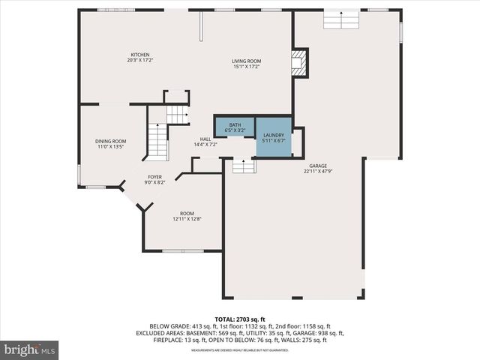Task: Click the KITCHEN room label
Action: click(x=140, y=55)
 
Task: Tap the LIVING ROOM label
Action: click(x=246, y=61)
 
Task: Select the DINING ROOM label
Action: click(x=110, y=141)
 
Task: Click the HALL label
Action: click(x=205, y=139)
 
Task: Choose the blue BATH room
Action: click(x=235, y=126)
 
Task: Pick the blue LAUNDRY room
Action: click(x=273, y=136)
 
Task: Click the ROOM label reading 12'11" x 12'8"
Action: click(x=187, y=213)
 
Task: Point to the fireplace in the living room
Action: click(x=299, y=63)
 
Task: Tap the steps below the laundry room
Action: click(x=244, y=166)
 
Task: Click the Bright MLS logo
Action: click(x=30, y=349)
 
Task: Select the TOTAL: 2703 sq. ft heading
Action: click(x=239, y=319)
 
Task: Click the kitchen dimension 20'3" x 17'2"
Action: click(x=140, y=61)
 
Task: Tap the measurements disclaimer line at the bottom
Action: click(x=239, y=350)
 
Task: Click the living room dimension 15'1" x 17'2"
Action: click(x=246, y=67)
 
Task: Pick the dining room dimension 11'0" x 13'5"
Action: click(x=110, y=147)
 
